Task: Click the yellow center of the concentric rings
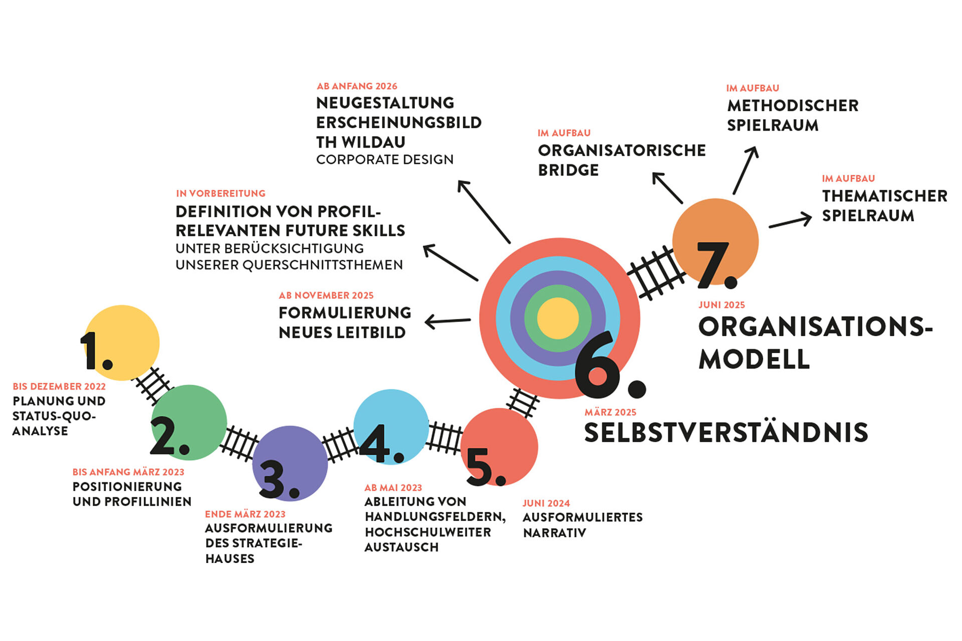tap(558, 318)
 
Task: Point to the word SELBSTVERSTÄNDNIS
tap(726, 433)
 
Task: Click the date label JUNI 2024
tap(546, 503)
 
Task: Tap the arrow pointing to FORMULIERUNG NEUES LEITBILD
tap(447, 321)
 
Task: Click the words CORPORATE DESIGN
tap(385, 160)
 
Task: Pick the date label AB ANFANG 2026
tap(357, 86)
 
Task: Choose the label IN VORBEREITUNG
tap(220, 193)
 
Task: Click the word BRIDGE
tap(568, 170)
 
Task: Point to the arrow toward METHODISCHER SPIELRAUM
tap(745, 170)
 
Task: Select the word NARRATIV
tap(554, 533)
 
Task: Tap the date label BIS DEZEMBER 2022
tap(59, 387)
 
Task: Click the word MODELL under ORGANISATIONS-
tap(754, 359)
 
